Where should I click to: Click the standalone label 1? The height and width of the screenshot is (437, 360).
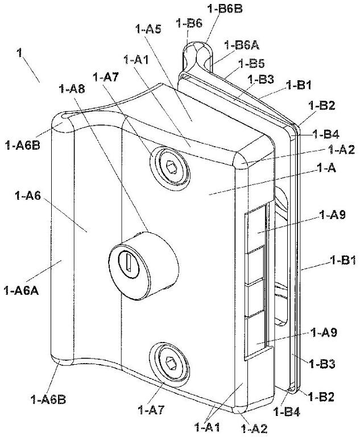coord(19,53)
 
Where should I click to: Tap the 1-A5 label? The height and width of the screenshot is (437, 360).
coord(148,28)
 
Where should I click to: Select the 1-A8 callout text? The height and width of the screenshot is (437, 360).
coord(72,89)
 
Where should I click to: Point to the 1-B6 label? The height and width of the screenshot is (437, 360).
coord(189,23)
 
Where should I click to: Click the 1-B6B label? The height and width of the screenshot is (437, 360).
coord(225,9)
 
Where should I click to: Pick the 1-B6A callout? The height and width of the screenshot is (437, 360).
coord(242,45)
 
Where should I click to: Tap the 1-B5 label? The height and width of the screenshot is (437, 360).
coord(251,64)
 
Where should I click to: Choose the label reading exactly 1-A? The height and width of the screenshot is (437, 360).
coord(326,168)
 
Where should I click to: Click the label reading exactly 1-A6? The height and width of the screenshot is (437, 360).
coord(28,196)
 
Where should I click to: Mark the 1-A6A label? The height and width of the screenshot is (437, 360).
coord(21,291)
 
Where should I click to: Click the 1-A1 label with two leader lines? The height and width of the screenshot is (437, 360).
coord(208,427)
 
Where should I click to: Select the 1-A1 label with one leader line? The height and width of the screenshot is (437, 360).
coord(136,60)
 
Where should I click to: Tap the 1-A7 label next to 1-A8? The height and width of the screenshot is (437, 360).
coord(106,77)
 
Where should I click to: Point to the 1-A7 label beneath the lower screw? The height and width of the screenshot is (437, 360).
coord(151,410)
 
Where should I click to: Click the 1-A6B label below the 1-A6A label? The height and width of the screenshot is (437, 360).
coord(48,400)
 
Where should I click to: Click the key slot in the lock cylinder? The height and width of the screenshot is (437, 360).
coord(129,262)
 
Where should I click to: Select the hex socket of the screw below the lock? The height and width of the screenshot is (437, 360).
coord(169,363)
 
